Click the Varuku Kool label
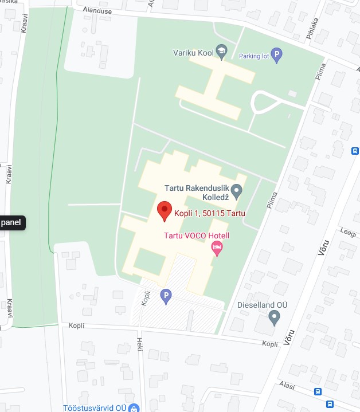coord(193,53)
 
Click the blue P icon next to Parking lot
coord(277,56)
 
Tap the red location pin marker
coord(165,211)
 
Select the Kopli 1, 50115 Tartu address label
coord(210,214)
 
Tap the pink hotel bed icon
coord(217,249)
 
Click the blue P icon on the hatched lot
coord(166,296)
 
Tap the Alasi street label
coord(287,386)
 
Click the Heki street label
coord(139,344)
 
